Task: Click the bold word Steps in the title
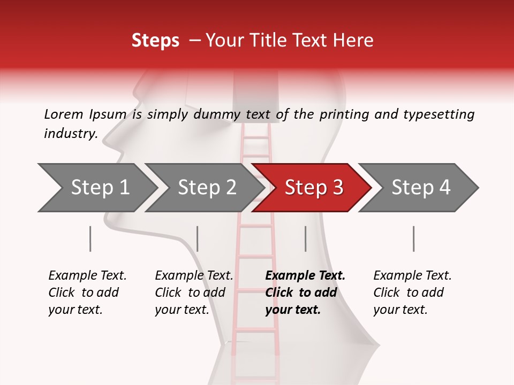tap(155, 41)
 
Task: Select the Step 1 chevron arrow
tap(97, 187)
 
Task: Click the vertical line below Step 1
tap(90, 238)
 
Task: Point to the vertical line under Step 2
tap(198, 238)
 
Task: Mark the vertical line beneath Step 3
tap(305, 238)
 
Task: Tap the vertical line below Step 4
tap(413, 238)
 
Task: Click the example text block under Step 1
tap(87, 292)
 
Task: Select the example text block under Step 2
tap(193, 292)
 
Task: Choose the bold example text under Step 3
tap(305, 292)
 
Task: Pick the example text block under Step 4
tap(412, 292)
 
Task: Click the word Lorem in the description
tap(64, 114)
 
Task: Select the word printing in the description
tap(344, 114)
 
